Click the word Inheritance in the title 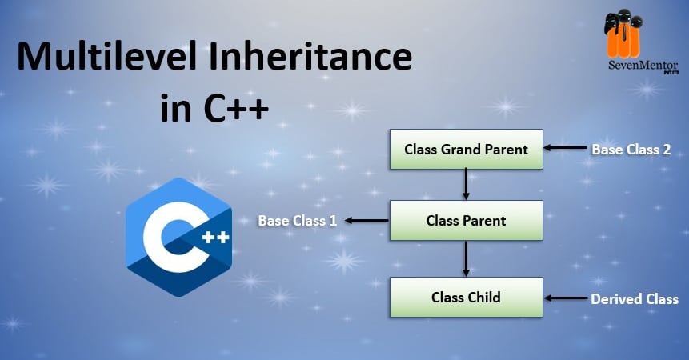[310, 56]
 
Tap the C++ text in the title [236, 107]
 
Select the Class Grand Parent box [467, 150]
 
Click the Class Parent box [467, 220]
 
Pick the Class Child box [467, 298]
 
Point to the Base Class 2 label [631, 150]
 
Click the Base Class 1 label [298, 220]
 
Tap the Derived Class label [635, 299]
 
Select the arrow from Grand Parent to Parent [466, 185]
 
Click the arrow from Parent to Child [466, 258]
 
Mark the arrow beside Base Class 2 [566, 148]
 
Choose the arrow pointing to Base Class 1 [366, 220]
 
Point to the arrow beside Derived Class [566, 298]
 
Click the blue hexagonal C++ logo [178, 237]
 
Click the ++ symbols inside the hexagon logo [215, 238]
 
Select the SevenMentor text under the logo [643, 66]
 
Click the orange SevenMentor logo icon [624, 34]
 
